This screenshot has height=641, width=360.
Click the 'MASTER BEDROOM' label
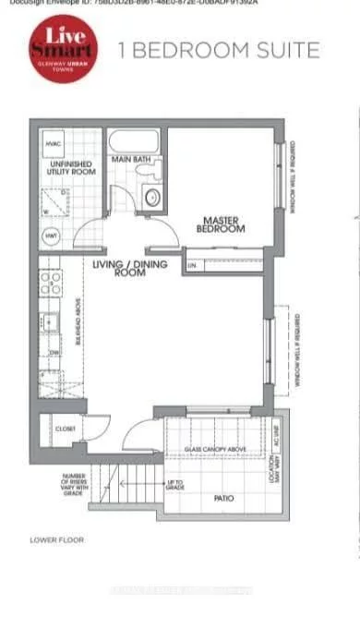click(x=223, y=224)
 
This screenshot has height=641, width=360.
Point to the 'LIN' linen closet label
click(x=193, y=266)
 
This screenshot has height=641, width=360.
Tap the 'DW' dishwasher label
click(x=54, y=352)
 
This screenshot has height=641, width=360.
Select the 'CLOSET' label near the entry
click(x=65, y=429)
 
